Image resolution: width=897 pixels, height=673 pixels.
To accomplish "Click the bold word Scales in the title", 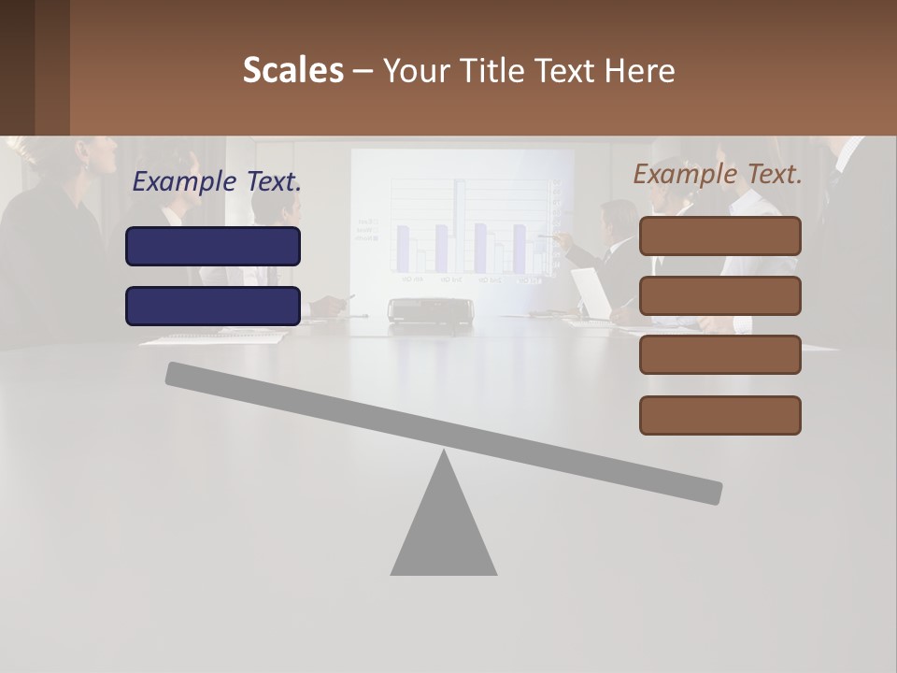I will pos(292,70).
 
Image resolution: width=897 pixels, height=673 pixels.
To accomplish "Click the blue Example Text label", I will pos(217,182).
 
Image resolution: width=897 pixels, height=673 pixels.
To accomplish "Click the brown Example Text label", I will pos(718,174).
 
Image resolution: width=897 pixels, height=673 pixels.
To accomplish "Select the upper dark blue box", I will pos(213,246).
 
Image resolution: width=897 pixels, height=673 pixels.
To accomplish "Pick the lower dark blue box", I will pos(213,306).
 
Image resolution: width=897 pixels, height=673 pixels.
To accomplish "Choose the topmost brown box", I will pos(719,236).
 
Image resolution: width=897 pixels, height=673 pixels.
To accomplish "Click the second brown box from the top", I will pos(719,295).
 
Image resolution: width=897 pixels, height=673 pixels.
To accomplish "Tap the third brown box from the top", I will pos(719,355).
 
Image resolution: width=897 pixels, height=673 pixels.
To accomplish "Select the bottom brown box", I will pos(719,415).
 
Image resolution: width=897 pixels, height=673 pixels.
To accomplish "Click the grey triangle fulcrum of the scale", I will pos(444,528).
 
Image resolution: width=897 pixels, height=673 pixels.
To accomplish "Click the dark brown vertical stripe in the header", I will pos(52,67).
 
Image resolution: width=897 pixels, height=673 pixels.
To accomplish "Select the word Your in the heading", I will pos(417,70).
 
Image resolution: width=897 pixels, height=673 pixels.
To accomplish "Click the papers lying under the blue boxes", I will pos(213,338).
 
